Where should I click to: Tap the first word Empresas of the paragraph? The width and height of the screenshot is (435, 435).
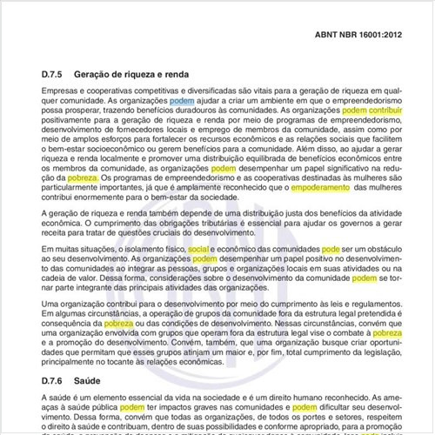coord(63,90)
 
